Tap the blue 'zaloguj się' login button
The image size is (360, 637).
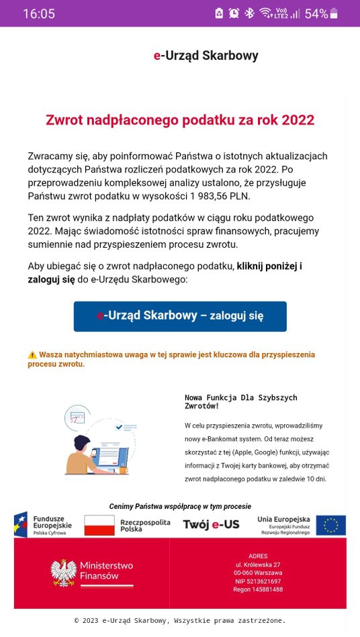tap(180, 316)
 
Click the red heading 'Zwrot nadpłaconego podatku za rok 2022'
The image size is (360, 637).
tap(180, 120)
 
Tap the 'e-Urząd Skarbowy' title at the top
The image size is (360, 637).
tap(206, 56)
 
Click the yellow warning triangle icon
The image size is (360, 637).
tap(32, 354)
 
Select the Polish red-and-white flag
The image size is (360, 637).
tap(99, 525)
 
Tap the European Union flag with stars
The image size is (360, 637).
tap(330, 525)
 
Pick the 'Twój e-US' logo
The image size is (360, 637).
tap(211, 525)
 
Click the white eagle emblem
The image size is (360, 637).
tap(63, 572)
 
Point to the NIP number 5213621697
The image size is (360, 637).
tap(258, 581)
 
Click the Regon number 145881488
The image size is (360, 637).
tap(258, 589)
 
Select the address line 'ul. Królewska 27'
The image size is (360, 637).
tap(258, 565)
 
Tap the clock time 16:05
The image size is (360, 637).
tap(39, 13)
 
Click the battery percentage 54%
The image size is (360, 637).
tap(316, 13)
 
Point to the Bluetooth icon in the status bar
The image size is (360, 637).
tap(249, 13)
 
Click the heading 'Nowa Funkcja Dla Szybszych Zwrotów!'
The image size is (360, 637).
tap(240, 402)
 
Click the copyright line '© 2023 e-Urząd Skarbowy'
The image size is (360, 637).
tap(180, 620)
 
